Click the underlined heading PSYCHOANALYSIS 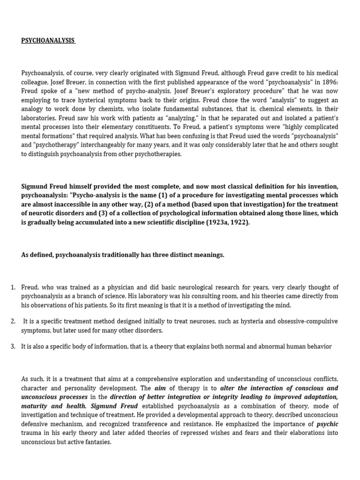48,41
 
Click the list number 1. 13,287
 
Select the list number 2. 13,322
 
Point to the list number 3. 13,347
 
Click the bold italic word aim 161,389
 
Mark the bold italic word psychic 328,424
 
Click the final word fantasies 97,442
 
